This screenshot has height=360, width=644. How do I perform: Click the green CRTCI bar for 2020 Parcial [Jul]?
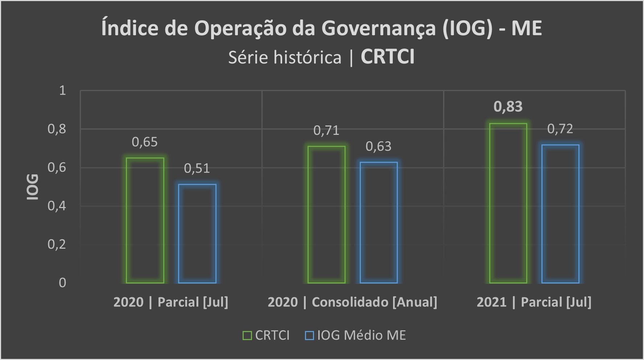(x=145, y=220)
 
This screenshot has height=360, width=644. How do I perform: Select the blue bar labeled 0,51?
(x=197, y=233)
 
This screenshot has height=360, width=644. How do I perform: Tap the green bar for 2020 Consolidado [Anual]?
(x=326, y=214)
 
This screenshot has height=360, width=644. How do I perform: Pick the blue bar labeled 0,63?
(x=379, y=222)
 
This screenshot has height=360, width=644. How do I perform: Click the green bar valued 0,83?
(x=508, y=203)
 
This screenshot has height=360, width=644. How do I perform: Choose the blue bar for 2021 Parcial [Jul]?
(x=560, y=214)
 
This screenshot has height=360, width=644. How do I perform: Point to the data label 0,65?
(x=145, y=142)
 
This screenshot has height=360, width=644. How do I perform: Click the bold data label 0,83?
(x=508, y=107)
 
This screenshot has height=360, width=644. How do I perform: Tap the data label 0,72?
(x=560, y=129)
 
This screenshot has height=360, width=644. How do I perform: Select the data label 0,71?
(x=326, y=131)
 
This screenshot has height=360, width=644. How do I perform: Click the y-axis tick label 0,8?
(x=57, y=129)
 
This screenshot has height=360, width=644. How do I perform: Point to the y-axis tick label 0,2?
(x=57, y=244)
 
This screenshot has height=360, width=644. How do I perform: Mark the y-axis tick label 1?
(x=62, y=90)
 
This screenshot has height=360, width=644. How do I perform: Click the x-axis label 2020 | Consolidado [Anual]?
(x=352, y=302)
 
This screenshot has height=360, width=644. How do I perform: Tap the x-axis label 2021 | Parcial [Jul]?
(x=534, y=302)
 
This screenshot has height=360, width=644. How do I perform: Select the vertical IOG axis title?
(x=33, y=187)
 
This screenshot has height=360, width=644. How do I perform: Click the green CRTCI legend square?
(x=247, y=335)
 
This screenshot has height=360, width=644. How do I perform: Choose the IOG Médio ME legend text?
(x=362, y=335)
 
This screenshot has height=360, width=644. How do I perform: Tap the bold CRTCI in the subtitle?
(x=387, y=57)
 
